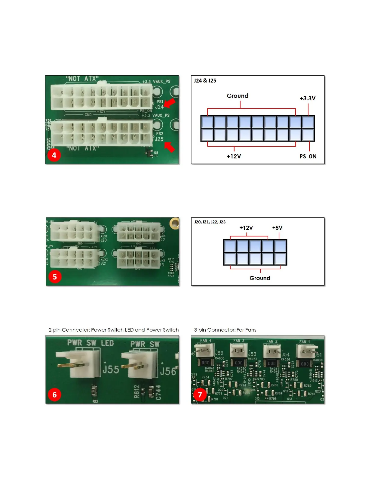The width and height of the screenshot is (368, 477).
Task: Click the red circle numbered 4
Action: (54, 155)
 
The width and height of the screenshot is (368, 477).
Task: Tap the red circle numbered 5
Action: (55, 277)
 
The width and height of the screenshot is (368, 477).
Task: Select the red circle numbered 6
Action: (54, 394)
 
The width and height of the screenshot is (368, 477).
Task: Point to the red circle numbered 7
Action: (200, 394)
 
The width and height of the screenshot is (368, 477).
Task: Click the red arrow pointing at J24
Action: (170, 103)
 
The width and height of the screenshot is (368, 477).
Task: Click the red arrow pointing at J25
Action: (170, 147)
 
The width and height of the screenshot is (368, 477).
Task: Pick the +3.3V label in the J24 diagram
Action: (307, 98)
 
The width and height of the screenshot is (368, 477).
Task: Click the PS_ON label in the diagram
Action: (308, 156)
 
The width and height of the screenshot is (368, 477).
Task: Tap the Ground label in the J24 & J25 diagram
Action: (237, 96)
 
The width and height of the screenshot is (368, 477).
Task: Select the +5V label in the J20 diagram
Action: (277, 228)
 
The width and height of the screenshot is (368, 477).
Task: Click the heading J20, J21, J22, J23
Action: (210, 222)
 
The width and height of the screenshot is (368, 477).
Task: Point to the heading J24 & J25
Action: (205, 81)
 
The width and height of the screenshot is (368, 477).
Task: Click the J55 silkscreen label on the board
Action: (111, 369)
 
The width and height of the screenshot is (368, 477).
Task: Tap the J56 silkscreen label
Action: (168, 371)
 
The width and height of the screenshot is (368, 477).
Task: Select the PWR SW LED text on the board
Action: (90, 343)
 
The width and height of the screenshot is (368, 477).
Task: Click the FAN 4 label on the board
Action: (206, 341)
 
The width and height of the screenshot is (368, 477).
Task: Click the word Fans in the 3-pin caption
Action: (251, 330)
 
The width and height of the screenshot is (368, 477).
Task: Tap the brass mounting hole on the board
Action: (174, 223)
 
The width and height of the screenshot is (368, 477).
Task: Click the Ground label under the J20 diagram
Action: (260, 278)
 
